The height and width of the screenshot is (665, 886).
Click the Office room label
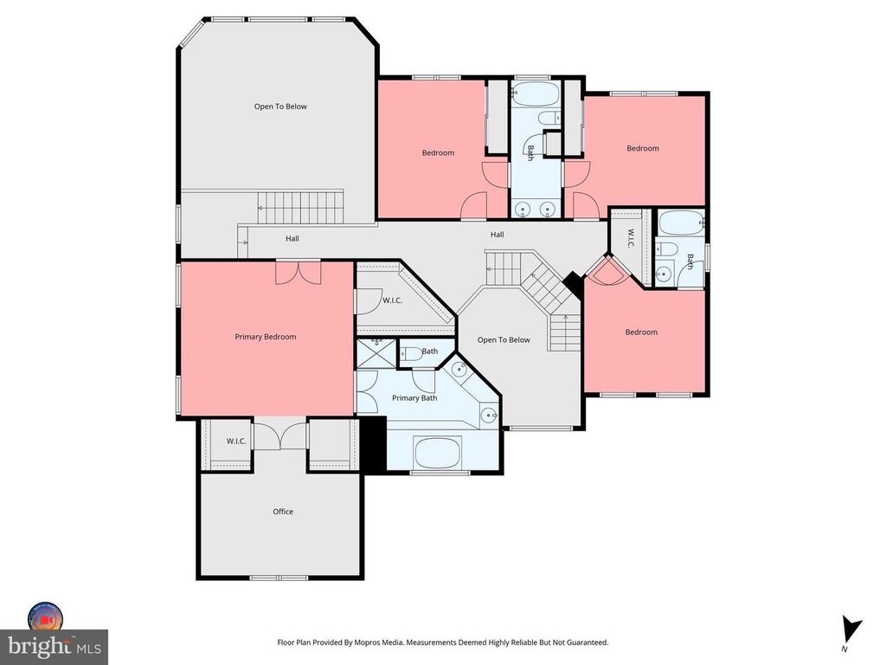(x=283, y=512)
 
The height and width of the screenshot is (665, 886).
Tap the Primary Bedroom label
(x=266, y=337)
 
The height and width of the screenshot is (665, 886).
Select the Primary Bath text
(x=414, y=398)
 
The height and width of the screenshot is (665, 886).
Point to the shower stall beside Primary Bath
(x=377, y=353)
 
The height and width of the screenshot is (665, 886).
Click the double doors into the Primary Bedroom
(x=299, y=273)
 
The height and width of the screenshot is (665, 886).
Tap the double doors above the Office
(x=280, y=435)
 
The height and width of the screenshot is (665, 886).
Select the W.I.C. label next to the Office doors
(x=236, y=441)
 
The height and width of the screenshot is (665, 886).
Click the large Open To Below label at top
(x=280, y=107)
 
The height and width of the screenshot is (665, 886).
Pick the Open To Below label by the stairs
(x=504, y=339)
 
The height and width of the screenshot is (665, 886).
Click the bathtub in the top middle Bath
(x=535, y=94)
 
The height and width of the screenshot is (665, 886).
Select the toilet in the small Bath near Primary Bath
(x=412, y=354)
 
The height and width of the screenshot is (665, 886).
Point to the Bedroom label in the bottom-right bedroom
(x=641, y=332)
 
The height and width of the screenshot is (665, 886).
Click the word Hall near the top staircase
(x=292, y=239)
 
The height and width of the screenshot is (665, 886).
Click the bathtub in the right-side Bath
(x=682, y=223)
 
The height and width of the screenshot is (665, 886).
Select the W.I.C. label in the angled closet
(x=392, y=300)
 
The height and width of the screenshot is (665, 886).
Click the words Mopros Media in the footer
(x=381, y=642)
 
